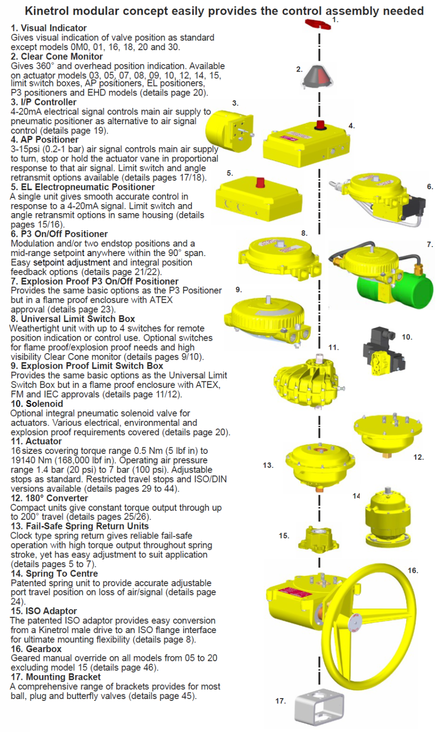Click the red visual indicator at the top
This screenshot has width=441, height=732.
pos(318,24)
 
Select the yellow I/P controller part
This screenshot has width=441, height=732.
pos(229,131)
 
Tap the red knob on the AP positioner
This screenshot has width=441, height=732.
pos(320,125)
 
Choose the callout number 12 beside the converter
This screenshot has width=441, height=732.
pos(419,457)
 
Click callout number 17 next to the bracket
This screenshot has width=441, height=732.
pos(280,701)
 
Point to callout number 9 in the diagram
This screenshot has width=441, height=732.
pos(239,290)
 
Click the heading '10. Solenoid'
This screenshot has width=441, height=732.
pos(37,404)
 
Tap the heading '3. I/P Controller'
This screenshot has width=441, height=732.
pos(44,102)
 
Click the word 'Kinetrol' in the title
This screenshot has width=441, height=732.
pos(47,11)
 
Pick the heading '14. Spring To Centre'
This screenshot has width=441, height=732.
pos(55,573)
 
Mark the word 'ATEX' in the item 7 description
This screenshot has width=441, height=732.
pos(161,300)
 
